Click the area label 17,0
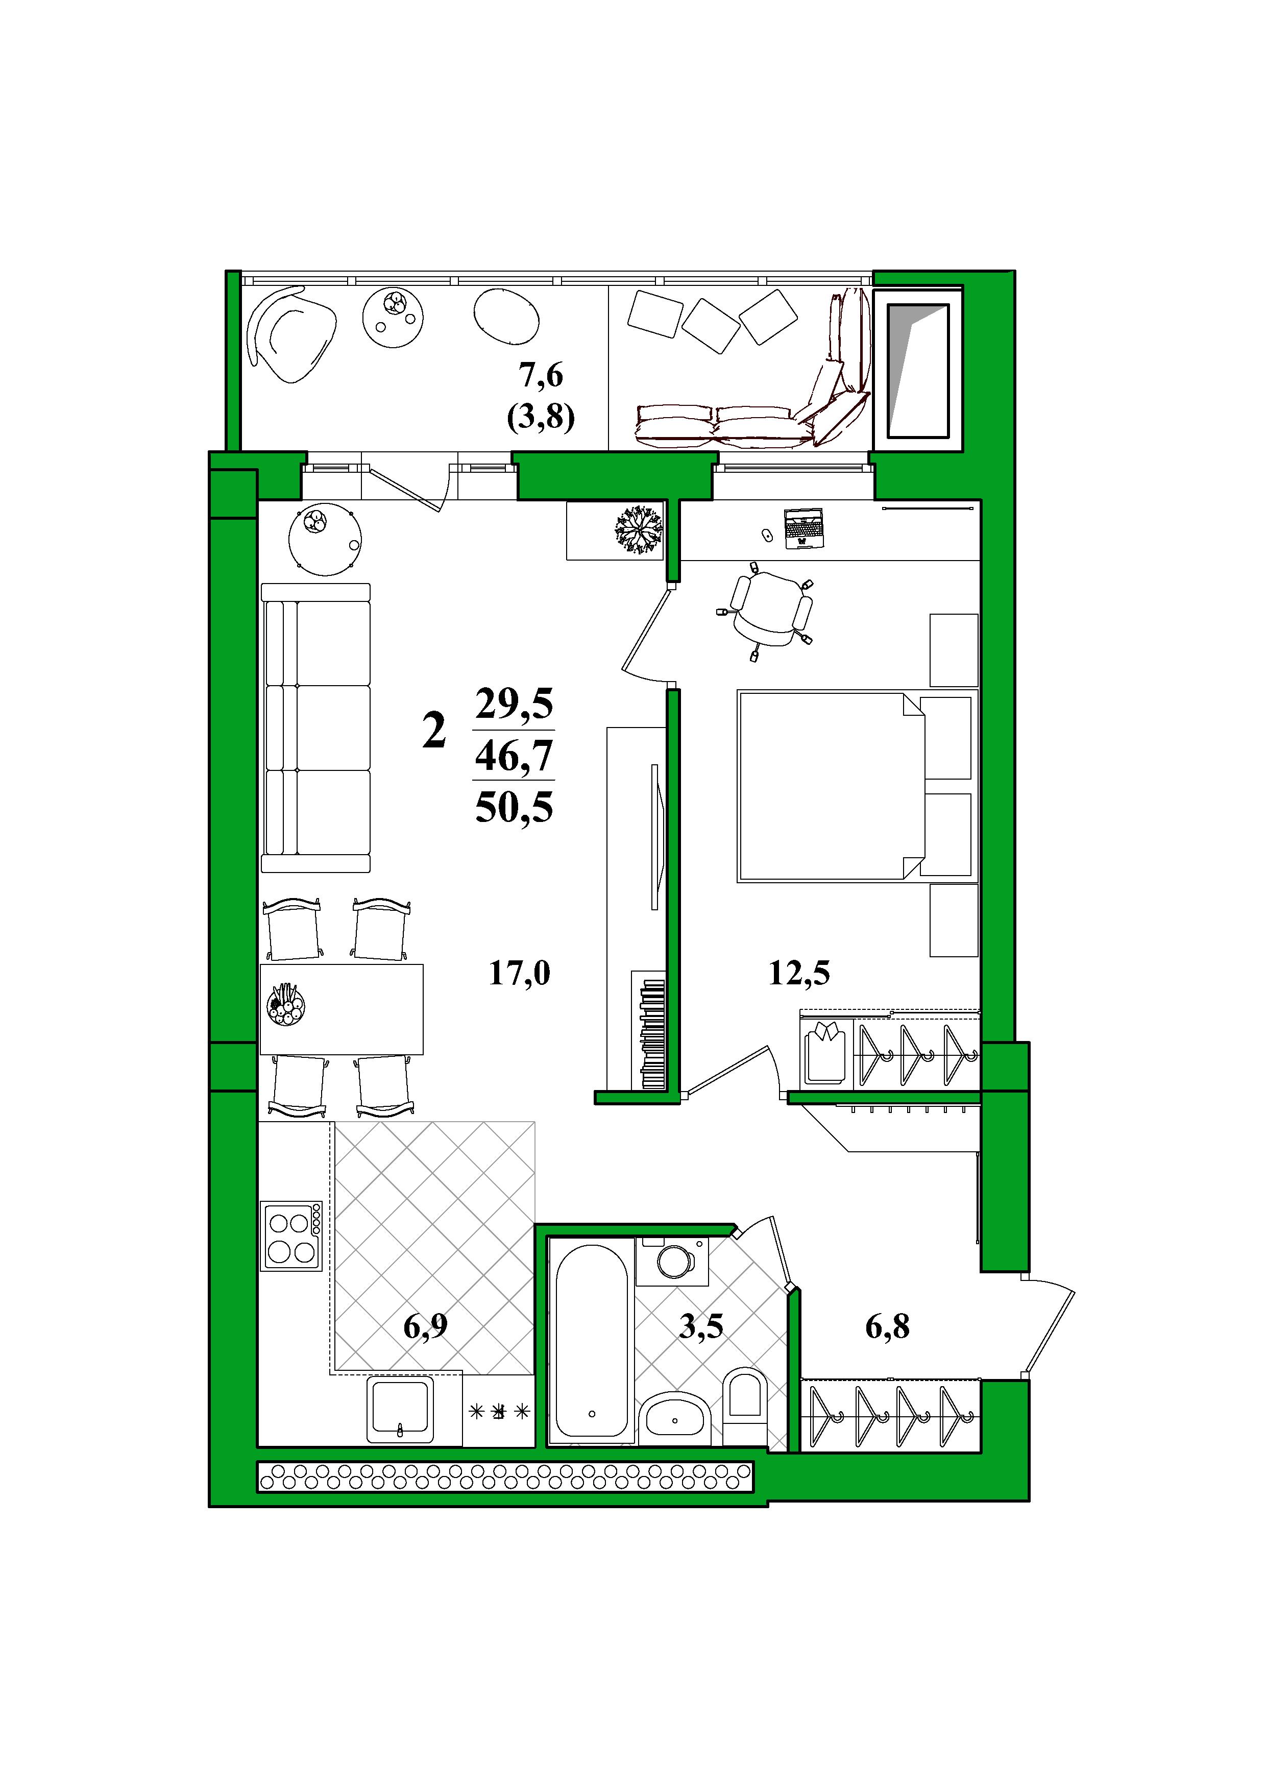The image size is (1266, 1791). (520, 974)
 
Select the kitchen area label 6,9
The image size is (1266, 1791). (425, 1325)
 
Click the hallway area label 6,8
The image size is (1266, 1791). (888, 1325)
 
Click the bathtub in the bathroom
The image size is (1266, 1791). (592, 1340)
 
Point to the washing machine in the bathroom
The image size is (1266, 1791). (672, 1262)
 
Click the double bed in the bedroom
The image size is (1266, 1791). (831, 786)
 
